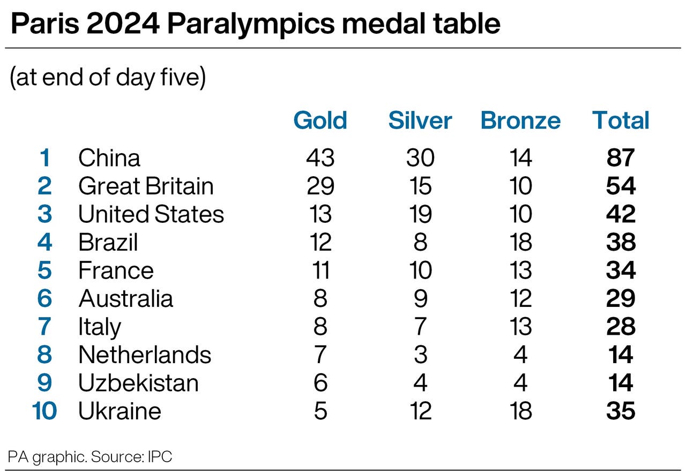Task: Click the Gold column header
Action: click(x=320, y=120)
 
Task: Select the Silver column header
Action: click(x=420, y=120)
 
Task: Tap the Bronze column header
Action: click(x=520, y=120)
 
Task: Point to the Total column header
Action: click(x=621, y=120)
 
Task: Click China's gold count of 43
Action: click(x=320, y=158)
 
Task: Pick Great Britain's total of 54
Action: click(x=621, y=186)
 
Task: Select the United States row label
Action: click(x=151, y=214)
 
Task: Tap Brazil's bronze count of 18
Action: click(x=520, y=242)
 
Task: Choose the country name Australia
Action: click(x=125, y=299)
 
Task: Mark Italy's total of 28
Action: click(x=621, y=327)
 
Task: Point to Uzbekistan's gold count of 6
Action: click(x=320, y=383)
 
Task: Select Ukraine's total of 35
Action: click(x=621, y=411)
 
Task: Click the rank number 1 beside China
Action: click(x=45, y=158)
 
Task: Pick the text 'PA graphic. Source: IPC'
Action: click(x=90, y=457)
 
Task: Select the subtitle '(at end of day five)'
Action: click(x=108, y=78)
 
